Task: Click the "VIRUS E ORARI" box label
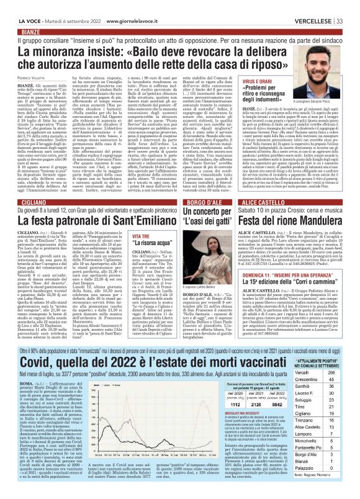point(275,99)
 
